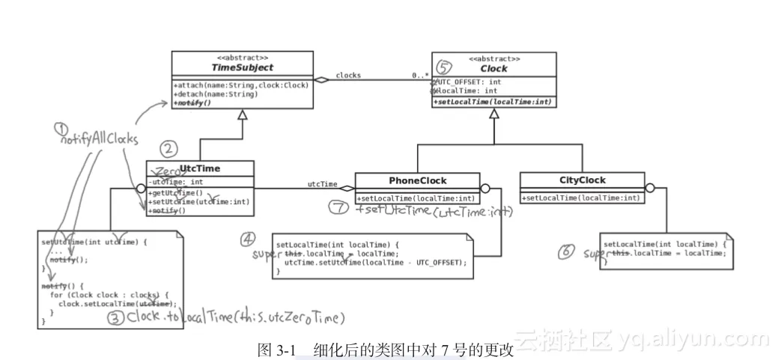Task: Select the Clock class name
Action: [x=494, y=68]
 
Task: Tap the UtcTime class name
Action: [x=200, y=168]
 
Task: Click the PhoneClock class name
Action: [x=417, y=180]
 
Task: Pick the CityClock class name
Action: [x=582, y=180]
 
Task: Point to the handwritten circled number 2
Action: [x=169, y=147]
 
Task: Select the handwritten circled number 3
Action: [x=115, y=317]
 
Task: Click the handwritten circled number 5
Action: [x=445, y=67]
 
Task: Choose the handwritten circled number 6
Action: [x=567, y=251]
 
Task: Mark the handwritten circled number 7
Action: [x=338, y=207]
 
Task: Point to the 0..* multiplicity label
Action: [x=419, y=76]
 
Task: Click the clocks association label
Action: [x=348, y=75]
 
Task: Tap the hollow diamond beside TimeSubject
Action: [x=322, y=80]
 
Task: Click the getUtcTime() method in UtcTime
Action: [x=177, y=193]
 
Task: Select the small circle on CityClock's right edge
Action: [x=649, y=188]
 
